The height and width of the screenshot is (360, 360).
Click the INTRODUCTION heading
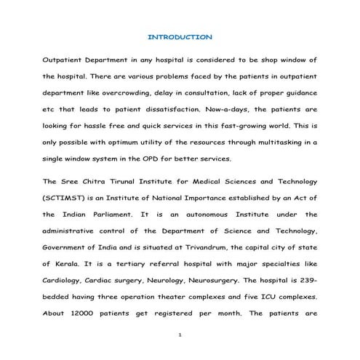(x=180, y=36)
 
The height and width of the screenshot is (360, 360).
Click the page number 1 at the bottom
(x=180, y=337)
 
